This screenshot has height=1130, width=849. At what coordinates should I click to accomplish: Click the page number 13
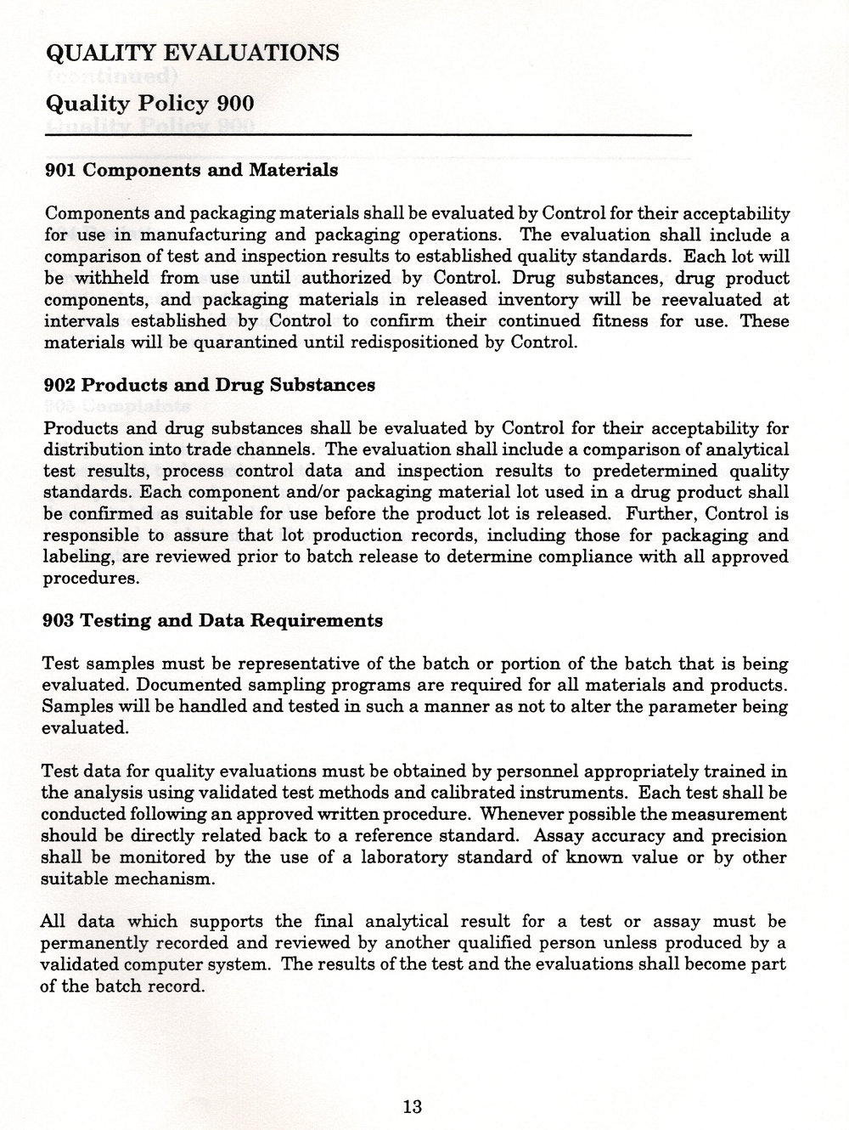413,1107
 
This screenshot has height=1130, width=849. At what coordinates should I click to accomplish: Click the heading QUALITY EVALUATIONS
191,54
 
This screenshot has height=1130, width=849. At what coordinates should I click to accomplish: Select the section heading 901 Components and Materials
190,170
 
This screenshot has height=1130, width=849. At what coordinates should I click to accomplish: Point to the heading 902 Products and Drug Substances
209,385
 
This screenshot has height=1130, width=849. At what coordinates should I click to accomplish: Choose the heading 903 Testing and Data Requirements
212,621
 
